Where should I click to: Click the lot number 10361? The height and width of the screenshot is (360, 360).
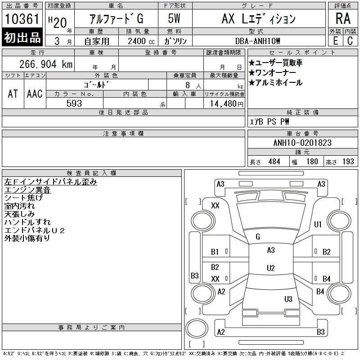click(22, 18)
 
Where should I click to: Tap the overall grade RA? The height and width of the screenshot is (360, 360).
click(343, 18)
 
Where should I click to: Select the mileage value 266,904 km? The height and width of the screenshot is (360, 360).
click(46, 64)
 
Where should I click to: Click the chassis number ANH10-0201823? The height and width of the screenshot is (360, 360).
click(302, 143)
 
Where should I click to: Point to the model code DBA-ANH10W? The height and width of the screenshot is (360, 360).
click(257, 41)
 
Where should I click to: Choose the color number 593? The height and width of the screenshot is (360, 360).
click(74, 103)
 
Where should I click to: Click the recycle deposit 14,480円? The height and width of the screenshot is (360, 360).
click(227, 104)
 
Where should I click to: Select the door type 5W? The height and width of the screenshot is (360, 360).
click(174, 18)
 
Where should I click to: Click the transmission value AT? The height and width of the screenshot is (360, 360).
click(13, 94)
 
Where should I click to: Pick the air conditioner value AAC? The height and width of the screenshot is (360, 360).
click(35, 94)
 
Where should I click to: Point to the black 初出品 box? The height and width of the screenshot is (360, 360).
click(22, 37)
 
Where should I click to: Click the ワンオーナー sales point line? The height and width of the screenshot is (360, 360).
click(272, 73)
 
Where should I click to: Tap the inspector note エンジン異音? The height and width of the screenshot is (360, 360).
click(27, 190)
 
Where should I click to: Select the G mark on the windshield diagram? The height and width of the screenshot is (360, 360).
click(258, 237)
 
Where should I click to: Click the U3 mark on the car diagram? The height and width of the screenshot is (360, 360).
click(288, 299)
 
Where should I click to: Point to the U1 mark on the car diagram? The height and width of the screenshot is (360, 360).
click(318, 224)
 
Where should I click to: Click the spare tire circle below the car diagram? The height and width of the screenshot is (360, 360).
click(197, 328)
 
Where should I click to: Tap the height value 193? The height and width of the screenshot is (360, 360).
click(348, 162)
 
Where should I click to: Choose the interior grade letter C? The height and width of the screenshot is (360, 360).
click(350, 41)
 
